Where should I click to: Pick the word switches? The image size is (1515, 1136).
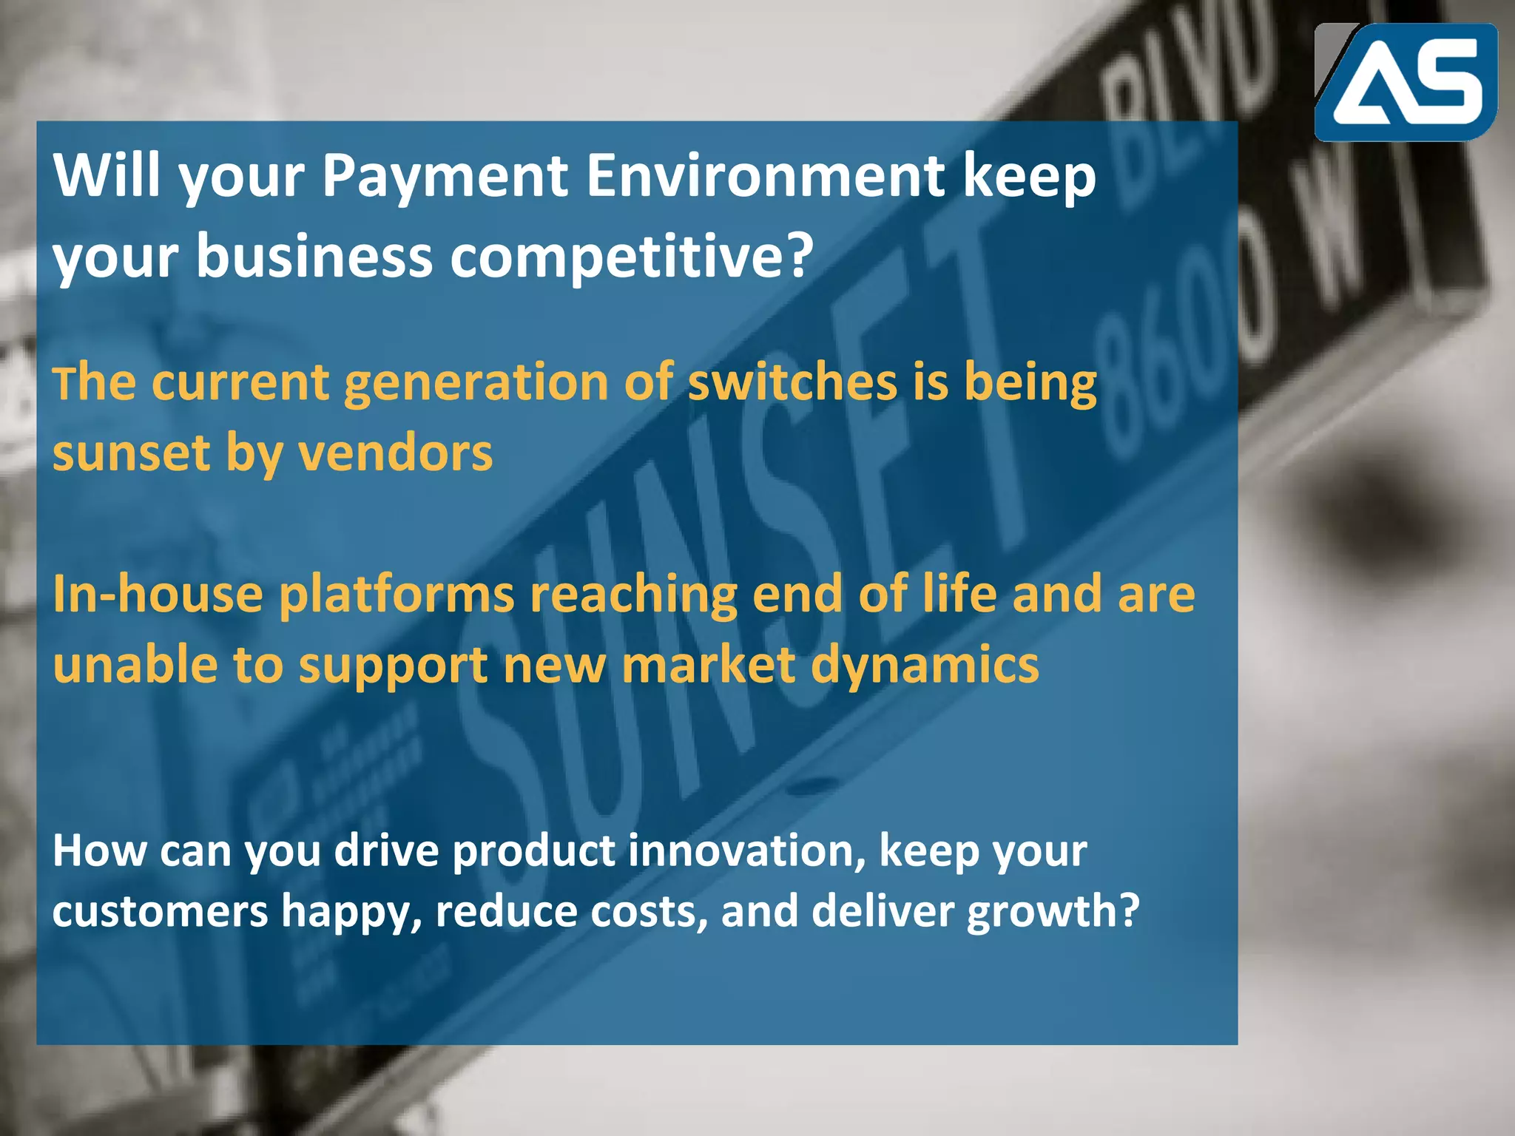click(792, 383)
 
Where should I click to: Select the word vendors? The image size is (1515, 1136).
click(395, 453)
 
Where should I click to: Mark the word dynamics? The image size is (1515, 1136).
click(925, 665)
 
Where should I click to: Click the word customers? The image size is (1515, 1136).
click(160, 911)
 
